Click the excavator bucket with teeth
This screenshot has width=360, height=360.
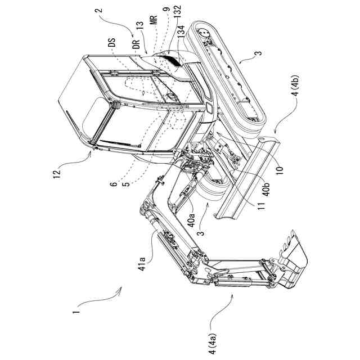tap(292, 262)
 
